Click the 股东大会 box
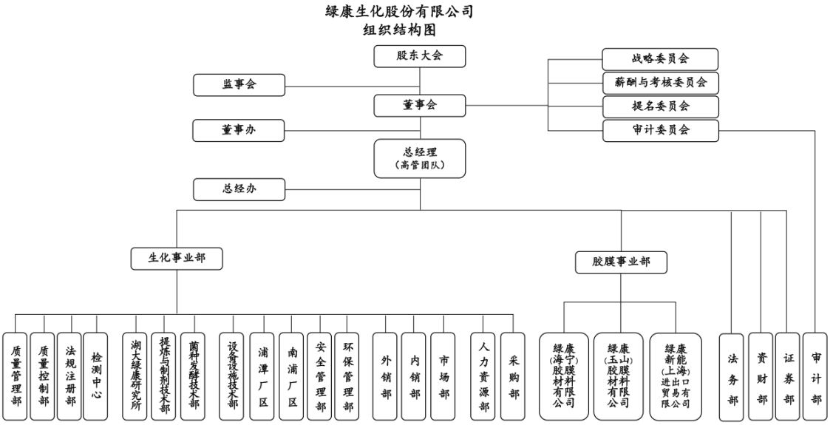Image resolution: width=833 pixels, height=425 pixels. coord(420,56)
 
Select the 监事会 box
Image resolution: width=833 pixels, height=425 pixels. coord(239,85)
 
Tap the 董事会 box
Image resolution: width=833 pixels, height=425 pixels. coord(420,105)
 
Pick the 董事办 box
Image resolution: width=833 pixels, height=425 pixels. coord(239,130)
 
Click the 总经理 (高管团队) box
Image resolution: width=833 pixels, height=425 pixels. coord(420,158)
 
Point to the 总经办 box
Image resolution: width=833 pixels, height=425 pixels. coord(239,189)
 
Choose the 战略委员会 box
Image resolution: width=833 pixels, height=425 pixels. coord(660,59)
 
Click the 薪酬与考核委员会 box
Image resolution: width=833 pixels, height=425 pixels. coord(660,83)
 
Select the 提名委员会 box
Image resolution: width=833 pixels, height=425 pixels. coord(660,106)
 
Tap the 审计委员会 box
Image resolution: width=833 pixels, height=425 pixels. coord(660,130)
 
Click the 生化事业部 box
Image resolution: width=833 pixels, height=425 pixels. coord(177,258)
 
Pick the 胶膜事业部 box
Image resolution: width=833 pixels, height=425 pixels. coord(621,262)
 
